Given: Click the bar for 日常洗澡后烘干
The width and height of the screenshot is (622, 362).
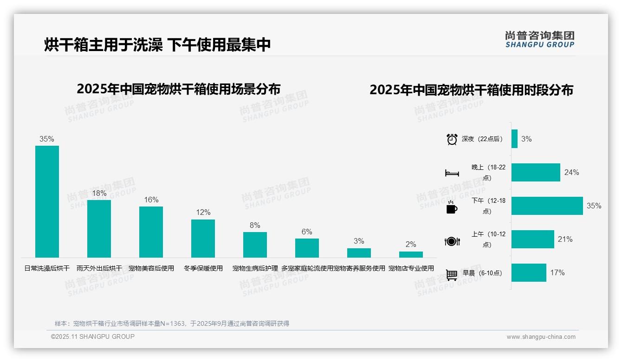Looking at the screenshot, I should pyautogui.click(x=47, y=201).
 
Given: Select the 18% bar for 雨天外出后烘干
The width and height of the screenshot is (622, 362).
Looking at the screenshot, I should pyautogui.click(x=99, y=228).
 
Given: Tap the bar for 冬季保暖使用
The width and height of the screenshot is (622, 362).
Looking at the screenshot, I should pyautogui.click(x=203, y=238).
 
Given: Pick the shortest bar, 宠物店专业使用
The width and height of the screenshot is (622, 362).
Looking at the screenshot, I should pyautogui.click(x=411, y=254).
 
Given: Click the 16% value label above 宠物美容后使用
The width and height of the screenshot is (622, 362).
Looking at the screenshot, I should pyautogui.click(x=151, y=200).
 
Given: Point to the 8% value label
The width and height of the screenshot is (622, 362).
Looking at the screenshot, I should pyautogui.click(x=255, y=226).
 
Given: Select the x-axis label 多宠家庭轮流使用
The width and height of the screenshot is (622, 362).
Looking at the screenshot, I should pyautogui.click(x=307, y=268).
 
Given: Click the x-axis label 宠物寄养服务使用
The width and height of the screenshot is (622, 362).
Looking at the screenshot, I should pyautogui.click(x=359, y=268).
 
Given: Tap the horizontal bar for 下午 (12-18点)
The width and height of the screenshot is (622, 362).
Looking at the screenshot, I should pyautogui.click(x=547, y=206).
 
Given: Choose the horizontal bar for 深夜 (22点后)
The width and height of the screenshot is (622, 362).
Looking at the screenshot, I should pyautogui.click(x=514, y=139).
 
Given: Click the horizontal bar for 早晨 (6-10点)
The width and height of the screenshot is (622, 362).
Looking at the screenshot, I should pyautogui.click(x=529, y=272).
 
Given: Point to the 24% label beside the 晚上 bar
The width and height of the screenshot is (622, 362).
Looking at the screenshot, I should pyautogui.click(x=571, y=172).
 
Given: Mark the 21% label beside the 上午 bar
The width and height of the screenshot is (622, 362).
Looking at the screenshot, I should pyautogui.click(x=565, y=239).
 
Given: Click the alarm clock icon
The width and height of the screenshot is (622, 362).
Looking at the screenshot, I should pyautogui.click(x=452, y=139).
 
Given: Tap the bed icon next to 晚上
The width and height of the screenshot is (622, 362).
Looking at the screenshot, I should pyautogui.click(x=452, y=173).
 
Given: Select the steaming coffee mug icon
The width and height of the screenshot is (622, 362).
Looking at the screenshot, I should pyautogui.click(x=452, y=207).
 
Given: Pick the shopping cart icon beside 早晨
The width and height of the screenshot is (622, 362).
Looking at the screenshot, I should pyautogui.click(x=452, y=275).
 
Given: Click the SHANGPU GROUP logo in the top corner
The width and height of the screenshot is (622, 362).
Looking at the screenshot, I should pyautogui.click(x=539, y=39).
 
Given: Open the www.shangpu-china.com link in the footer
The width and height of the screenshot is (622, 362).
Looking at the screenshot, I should pyautogui.click(x=541, y=337).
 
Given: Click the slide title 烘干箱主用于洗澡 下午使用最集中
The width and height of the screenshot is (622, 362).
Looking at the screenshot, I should pyautogui.click(x=157, y=45).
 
